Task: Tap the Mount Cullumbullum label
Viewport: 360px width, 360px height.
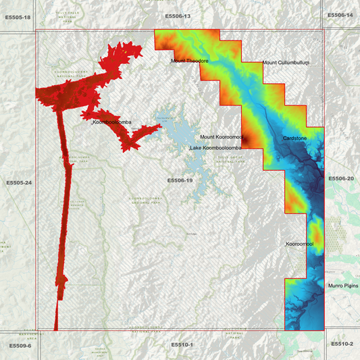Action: pos(286,63)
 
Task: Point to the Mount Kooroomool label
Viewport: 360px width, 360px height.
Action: pos(221,137)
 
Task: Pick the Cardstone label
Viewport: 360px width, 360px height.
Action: pos(294,138)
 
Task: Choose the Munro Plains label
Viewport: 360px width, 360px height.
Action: pos(343,286)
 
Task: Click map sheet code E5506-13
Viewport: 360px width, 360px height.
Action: pos(178,16)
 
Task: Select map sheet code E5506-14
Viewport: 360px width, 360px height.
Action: pos(340,15)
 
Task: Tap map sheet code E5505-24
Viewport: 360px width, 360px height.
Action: pos(19,183)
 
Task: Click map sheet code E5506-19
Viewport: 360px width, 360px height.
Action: pos(180,180)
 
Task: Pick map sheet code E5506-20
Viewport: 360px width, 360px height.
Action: pos(340,178)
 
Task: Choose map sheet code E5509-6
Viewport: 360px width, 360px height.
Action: pos(20,346)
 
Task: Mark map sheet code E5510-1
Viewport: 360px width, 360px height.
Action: pos(182,344)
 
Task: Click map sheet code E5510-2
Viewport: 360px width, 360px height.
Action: pos(342,344)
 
